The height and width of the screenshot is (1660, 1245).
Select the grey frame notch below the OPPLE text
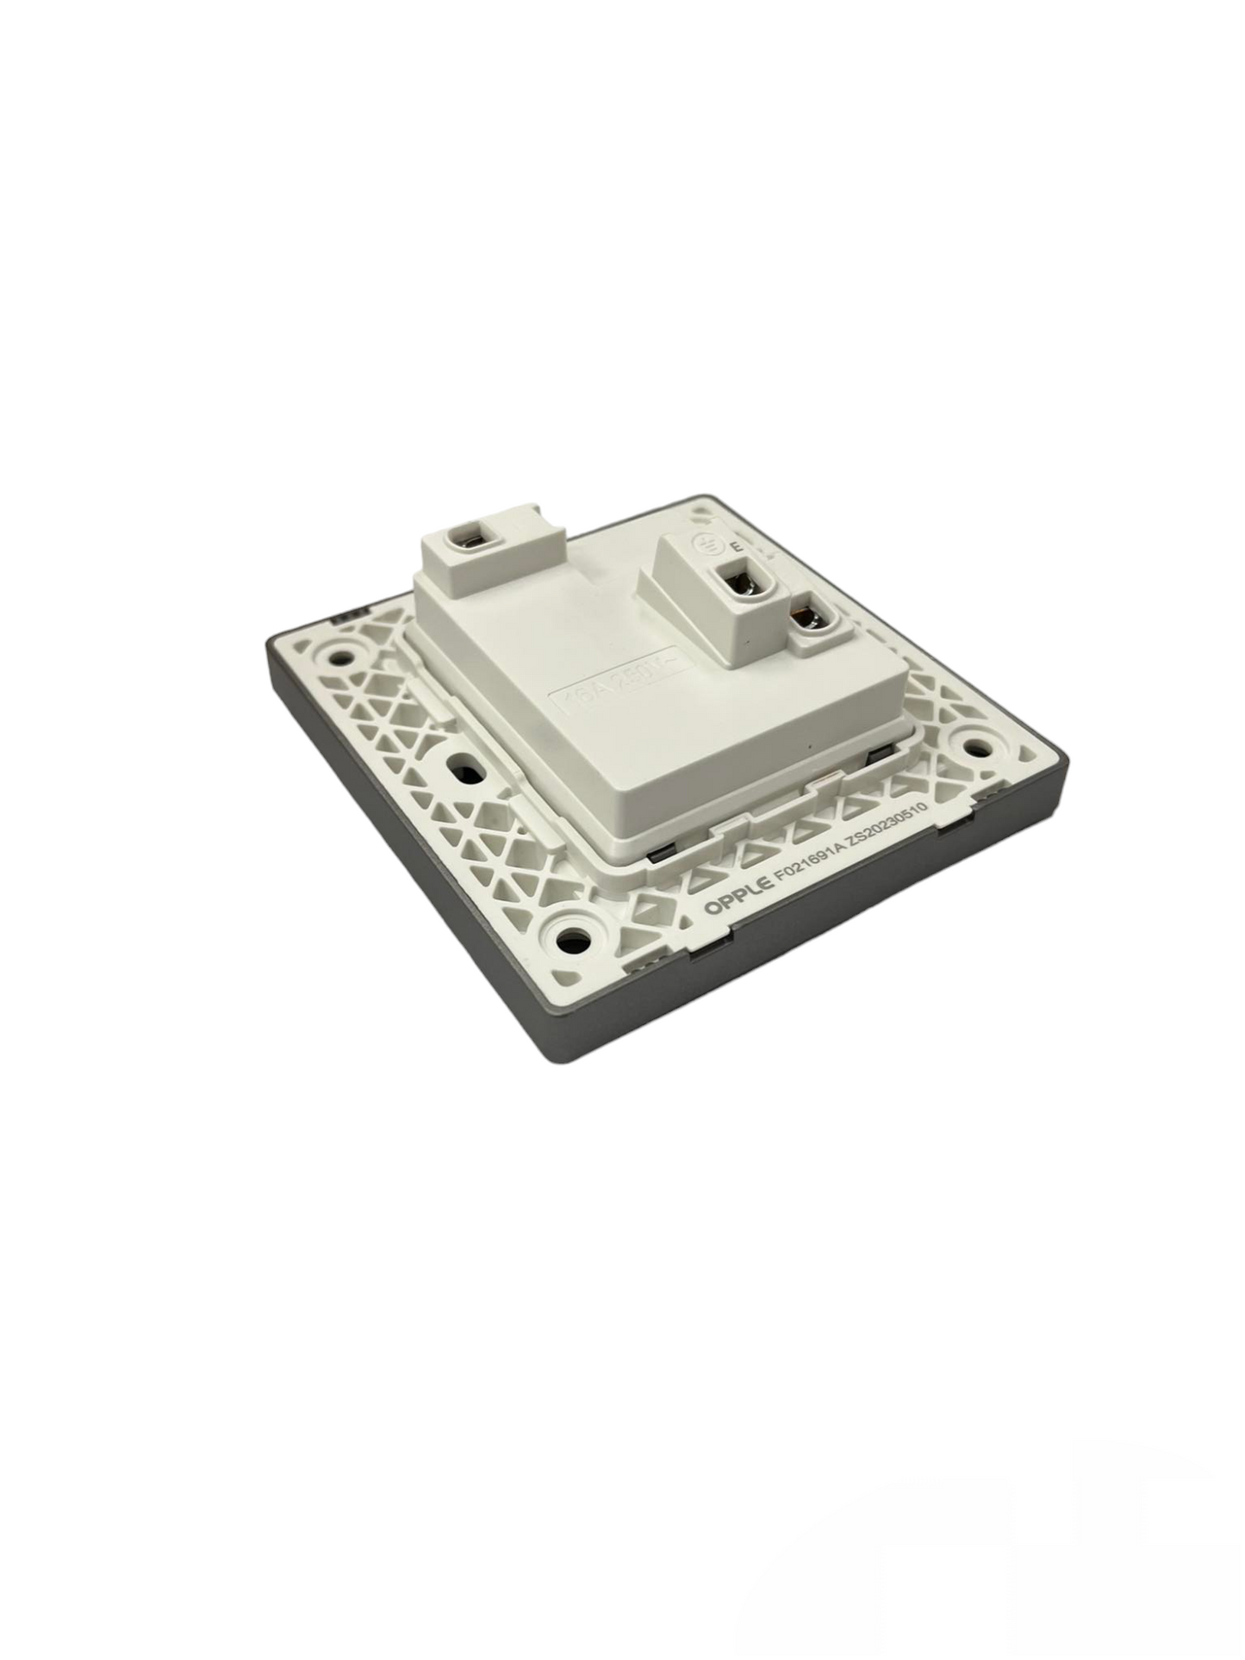point(702,948)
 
